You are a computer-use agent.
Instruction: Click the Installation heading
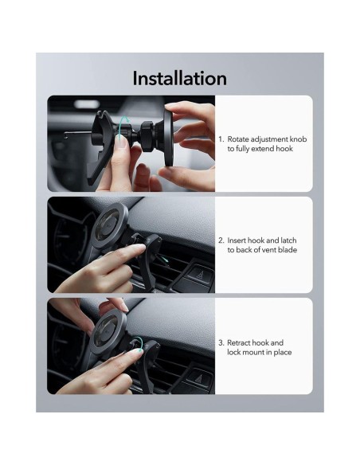pyautogui.click(x=179, y=79)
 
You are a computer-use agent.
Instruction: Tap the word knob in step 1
pyautogui.click(x=298, y=139)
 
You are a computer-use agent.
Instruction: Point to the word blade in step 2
pyautogui.click(x=288, y=250)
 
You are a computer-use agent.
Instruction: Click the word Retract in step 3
pyautogui.click(x=239, y=343)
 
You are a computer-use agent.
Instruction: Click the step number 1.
pyautogui.click(x=221, y=139)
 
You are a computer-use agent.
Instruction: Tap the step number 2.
pyautogui.click(x=221, y=240)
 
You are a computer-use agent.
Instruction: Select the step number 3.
pyautogui.click(x=221, y=343)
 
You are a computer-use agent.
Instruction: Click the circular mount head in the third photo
pyautogui.click(x=108, y=331)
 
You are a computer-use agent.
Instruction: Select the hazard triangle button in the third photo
pyautogui.click(x=199, y=377)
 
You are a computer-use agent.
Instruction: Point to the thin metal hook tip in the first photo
pyautogui.click(x=66, y=135)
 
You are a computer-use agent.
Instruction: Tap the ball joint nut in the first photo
pyautogui.click(x=147, y=137)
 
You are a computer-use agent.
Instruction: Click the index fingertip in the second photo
pyautogui.click(x=139, y=248)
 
